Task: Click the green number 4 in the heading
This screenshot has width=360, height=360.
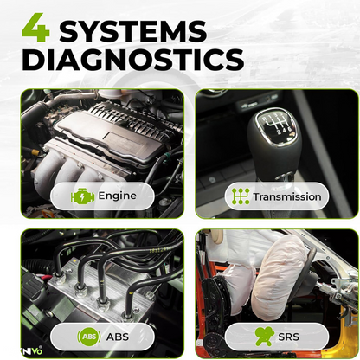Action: click(x=36, y=28)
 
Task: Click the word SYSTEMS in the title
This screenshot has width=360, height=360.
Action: click(x=133, y=31)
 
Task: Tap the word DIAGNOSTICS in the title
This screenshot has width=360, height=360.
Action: click(x=133, y=60)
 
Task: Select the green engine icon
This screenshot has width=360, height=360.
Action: click(x=82, y=196)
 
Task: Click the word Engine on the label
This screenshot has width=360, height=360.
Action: click(x=118, y=196)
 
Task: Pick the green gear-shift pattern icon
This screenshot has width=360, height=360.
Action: click(x=241, y=196)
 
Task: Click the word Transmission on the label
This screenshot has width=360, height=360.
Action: click(x=287, y=196)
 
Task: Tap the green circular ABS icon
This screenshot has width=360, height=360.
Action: click(x=89, y=337)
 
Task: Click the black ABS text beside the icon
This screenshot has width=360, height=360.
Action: click(x=118, y=337)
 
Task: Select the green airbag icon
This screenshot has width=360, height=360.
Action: click(x=264, y=336)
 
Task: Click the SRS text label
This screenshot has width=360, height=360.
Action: click(x=288, y=337)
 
